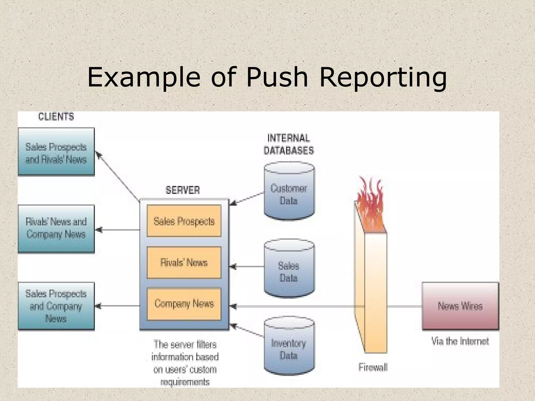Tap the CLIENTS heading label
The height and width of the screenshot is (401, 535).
56,117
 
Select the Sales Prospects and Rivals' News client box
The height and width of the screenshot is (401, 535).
56,152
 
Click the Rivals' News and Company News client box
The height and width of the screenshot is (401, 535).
56,229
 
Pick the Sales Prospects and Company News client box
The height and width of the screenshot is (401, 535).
56,306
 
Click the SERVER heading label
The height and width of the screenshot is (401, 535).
183,190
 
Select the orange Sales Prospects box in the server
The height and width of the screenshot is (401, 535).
184,221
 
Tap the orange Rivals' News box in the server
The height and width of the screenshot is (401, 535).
184,262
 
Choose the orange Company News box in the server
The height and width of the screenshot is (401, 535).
184,304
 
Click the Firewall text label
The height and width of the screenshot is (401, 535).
373,367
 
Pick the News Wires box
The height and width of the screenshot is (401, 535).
460,306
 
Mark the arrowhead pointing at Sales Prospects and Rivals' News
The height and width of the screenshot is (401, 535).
98,155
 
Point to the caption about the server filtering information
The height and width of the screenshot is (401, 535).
185,363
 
